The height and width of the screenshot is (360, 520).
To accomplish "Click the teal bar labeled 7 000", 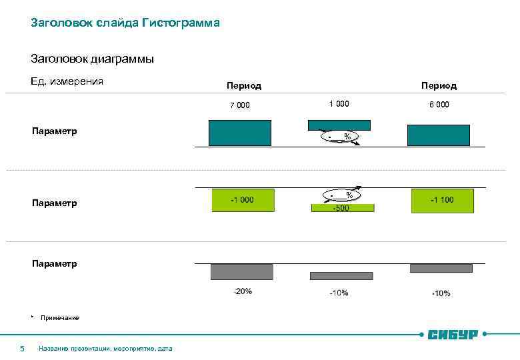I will coord(240,133).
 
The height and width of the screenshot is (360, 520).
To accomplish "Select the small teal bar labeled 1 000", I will coord(339,125).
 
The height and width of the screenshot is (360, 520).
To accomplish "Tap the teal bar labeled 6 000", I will coord(438,135).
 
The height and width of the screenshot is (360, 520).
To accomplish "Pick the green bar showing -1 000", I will coord(243,201).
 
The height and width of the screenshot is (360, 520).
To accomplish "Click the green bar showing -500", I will coord(343,208).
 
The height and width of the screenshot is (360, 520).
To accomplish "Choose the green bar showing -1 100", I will coord(441,201).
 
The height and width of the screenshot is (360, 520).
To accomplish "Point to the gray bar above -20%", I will coord(241,272).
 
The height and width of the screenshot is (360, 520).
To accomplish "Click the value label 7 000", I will coord(240,105).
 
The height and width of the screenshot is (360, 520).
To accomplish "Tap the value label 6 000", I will coord(439,105).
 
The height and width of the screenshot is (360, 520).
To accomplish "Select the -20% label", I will coord(243,291).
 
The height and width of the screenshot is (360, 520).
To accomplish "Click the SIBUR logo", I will coord(453,334).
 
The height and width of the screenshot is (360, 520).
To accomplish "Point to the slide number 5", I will coord(22,348).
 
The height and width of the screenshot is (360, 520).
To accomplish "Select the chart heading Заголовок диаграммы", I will coord(93,59).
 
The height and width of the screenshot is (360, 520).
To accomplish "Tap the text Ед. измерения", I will coord(67,82).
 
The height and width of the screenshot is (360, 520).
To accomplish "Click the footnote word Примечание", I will coord(59,318).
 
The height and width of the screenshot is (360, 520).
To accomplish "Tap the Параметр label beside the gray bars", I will coord(54,263).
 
